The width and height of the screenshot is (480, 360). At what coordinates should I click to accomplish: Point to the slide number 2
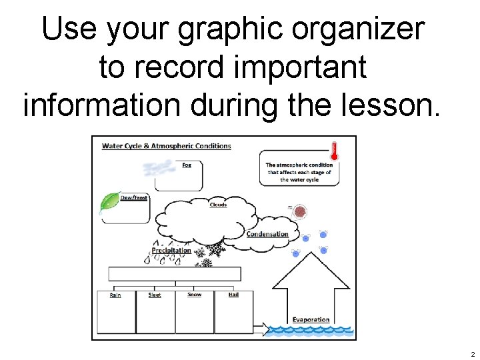[x=472, y=354]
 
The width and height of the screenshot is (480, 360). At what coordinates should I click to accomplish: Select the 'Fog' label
[x=187, y=165]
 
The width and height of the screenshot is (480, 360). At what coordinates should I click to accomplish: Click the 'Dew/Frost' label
[x=134, y=198]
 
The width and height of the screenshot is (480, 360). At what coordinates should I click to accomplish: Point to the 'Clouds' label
[x=218, y=205]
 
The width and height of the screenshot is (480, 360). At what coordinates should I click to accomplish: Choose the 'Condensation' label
[x=267, y=234]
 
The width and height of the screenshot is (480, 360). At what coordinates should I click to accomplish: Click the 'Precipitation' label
[x=171, y=251]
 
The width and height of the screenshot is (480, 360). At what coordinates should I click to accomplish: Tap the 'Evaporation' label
[x=311, y=319]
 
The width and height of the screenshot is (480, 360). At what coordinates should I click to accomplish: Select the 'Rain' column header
[x=115, y=295]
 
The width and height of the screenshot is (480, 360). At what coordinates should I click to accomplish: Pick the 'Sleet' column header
[x=155, y=295]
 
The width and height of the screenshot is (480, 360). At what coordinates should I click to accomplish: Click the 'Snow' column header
[x=194, y=294]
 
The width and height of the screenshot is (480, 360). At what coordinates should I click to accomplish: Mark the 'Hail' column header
[x=233, y=294]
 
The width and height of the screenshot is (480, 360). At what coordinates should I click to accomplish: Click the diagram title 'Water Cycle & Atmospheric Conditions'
[x=166, y=146]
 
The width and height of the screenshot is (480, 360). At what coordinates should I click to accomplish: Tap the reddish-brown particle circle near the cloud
[x=300, y=212]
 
